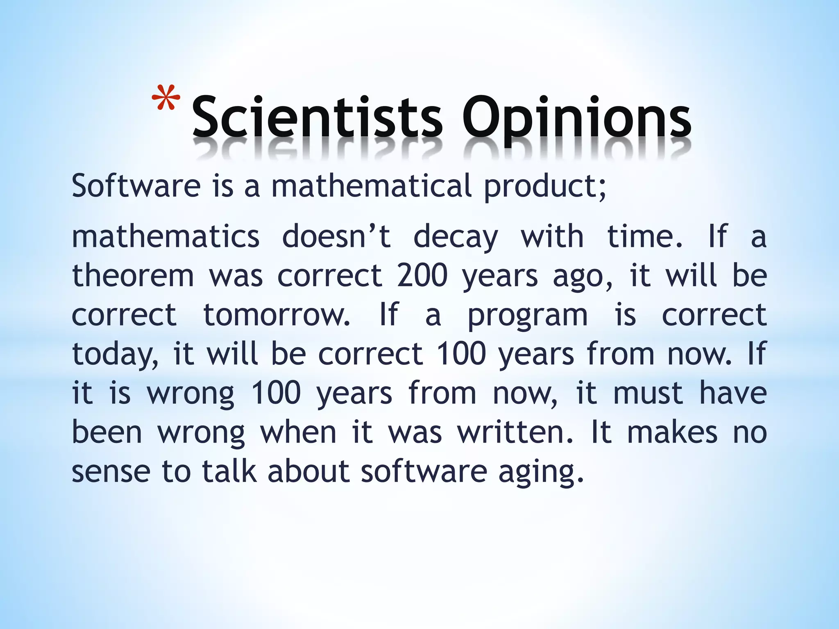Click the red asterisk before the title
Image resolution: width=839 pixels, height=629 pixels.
[x=166, y=98]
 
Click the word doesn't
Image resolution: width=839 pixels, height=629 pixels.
[x=336, y=237]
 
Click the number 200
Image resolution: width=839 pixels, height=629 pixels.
[x=422, y=276]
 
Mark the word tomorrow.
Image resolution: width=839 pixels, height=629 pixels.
[x=277, y=314]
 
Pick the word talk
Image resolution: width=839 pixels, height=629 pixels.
[x=229, y=471]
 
